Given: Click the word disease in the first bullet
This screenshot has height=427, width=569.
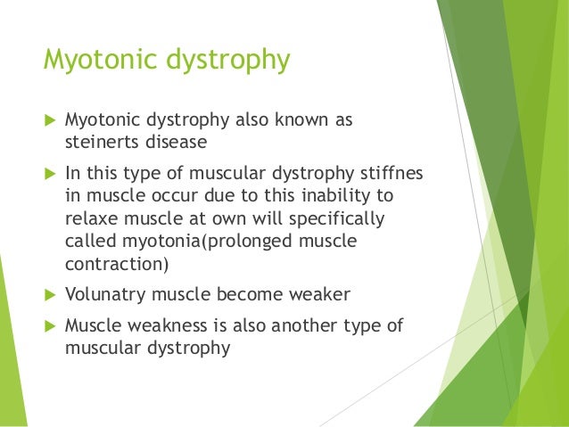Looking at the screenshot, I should pos(181,141).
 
